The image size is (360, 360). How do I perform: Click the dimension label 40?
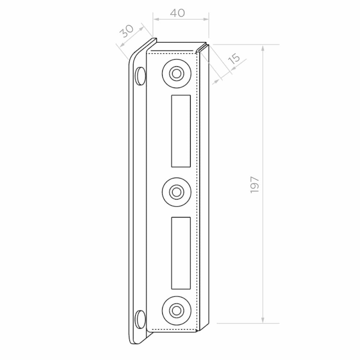[x=177, y=13]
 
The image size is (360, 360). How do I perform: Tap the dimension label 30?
[x=127, y=31]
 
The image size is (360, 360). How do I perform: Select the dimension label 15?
[x=234, y=59]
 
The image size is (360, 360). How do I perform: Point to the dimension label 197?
[x=255, y=185]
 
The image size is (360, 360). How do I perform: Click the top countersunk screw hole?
[x=177, y=74]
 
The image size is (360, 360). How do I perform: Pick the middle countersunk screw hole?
[x=177, y=192]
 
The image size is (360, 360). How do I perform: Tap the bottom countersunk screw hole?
[x=177, y=310]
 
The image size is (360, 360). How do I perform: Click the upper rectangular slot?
[x=181, y=131]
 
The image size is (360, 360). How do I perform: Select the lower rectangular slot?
[x=181, y=253]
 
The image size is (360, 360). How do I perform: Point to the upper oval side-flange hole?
[x=140, y=76]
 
